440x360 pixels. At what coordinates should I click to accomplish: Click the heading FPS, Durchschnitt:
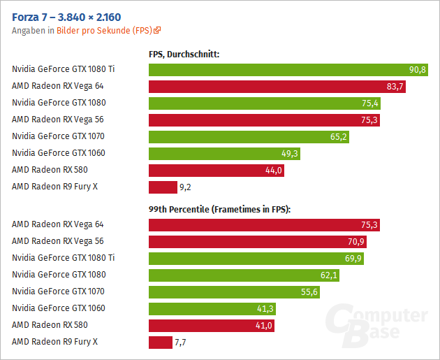click(x=184, y=53)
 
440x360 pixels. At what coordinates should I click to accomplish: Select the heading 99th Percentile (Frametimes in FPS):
click(x=219, y=208)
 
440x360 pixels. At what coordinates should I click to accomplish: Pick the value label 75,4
click(x=369, y=103)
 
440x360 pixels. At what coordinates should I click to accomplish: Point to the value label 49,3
click(x=288, y=153)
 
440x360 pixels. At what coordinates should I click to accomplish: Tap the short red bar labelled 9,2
click(x=163, y=187)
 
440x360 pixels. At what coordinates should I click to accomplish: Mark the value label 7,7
click(x=180, y=342)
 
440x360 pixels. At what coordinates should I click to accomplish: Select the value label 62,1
click(x=329, y=275)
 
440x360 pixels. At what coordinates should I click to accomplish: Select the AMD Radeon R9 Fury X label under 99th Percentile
click(x=54, y=342)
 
